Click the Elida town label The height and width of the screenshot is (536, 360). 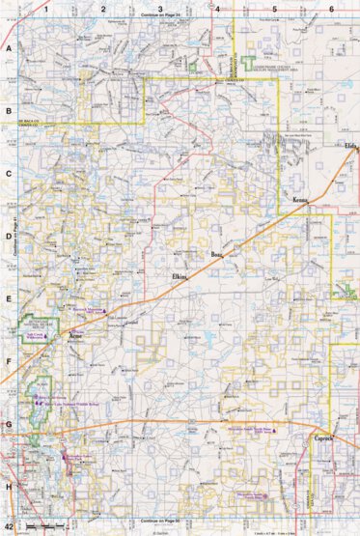point(349,146)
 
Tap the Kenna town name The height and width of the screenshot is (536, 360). point(300,200)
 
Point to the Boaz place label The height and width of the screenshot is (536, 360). point(216,255)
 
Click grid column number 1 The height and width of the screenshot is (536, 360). point(44,9)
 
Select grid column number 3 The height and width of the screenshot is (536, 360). point(159,9)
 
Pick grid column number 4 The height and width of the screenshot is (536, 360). point(218,9)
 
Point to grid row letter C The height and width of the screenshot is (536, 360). point(9,175)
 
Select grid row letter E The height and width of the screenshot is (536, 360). point(9,299)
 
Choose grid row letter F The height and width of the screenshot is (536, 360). point(9,362)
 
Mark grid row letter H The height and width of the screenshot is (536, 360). point(9,488)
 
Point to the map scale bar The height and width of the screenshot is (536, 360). point(48,524)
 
